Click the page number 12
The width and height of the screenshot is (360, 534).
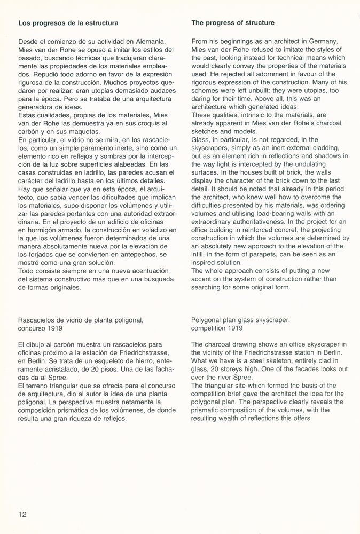[22, 514]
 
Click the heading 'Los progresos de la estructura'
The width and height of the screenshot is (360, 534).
[68, 23]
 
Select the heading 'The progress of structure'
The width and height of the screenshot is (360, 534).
[233, 23]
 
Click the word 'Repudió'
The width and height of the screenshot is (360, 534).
[33, 74]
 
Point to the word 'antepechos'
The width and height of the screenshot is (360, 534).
[140, 254]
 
